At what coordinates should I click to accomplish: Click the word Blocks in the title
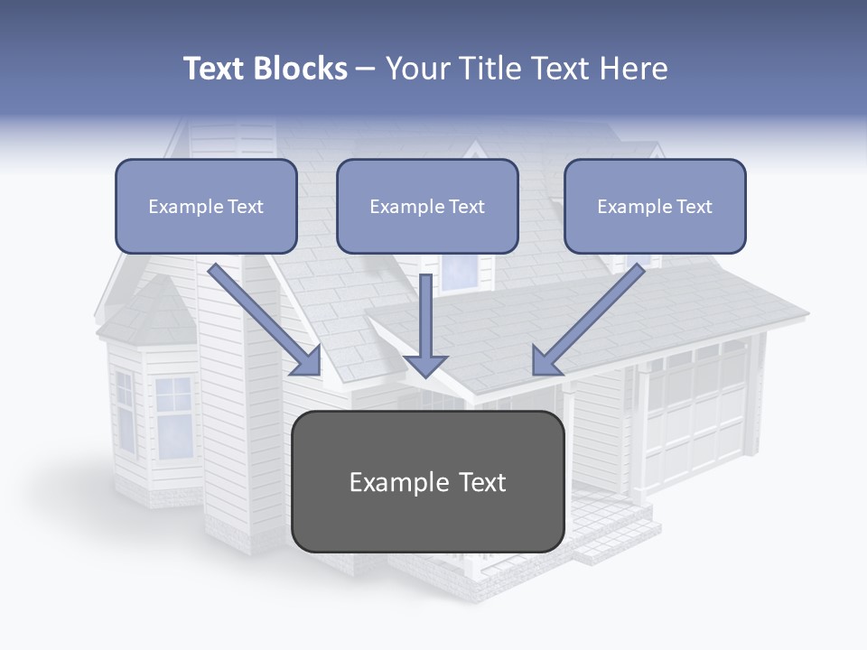[x=300, y=69]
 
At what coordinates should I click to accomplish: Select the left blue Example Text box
[x=206, y=206]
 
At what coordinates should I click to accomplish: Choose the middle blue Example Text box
[x=427, y=206]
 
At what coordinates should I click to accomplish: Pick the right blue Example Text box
[x=655, y=206]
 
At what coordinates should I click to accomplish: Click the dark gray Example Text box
[x=427, y=481]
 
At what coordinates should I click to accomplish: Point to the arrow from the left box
[x=262, y=316]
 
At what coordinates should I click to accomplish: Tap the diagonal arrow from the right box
[x=592, y=316]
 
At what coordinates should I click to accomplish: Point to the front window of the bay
[x=173, y=417]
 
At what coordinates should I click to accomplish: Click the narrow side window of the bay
[x=125, y=411]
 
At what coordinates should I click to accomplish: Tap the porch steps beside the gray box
[x=614, y=533]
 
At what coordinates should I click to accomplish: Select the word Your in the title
[x=419, y=69]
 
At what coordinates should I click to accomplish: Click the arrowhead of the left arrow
[x=307, y=361]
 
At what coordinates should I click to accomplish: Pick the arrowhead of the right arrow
[x=545, y=360]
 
